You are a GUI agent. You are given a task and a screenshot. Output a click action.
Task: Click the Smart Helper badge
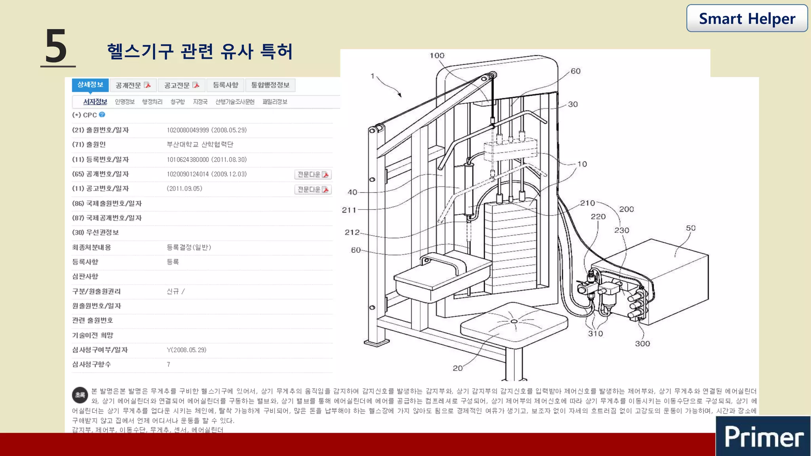click(747, 19)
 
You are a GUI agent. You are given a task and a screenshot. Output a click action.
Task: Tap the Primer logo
click(763, 437)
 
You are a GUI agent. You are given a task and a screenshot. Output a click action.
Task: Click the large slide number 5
click(56, 47)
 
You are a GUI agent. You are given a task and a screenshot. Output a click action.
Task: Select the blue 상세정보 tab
click(90, 85)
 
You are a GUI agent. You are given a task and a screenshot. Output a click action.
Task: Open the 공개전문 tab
click(133, 85)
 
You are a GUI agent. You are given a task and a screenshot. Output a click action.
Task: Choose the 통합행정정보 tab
click(270, 85)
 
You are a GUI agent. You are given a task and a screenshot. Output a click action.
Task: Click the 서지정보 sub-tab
click(95, 102)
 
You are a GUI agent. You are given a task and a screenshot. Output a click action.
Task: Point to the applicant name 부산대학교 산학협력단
click(200, 144)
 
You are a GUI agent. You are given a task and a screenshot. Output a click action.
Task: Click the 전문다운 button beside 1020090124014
click(313, 175)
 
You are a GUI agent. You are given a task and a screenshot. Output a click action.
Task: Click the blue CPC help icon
click(102, 115)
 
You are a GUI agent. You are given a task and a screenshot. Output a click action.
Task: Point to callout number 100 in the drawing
click(437, 56)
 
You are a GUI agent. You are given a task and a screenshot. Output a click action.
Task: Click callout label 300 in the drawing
click(642, 344)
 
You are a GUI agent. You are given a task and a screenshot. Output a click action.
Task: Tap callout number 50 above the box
click(691, 228)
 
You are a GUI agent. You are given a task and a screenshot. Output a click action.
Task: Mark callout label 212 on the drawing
click(352, 232)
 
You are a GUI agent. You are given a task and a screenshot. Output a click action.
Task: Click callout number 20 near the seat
click(457, 368)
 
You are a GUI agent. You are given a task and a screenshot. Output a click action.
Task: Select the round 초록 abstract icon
click(80, 395)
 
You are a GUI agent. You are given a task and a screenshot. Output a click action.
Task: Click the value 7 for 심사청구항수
click(168, 365)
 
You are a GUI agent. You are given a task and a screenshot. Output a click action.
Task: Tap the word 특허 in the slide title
click(276, 51)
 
